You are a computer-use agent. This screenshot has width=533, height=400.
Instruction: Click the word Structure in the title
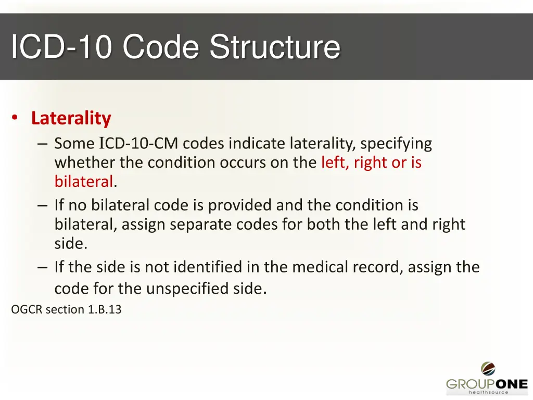[274, 47]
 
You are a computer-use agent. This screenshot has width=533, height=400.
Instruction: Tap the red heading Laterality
[71, 118]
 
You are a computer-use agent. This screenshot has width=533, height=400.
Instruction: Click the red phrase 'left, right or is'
[371, 162]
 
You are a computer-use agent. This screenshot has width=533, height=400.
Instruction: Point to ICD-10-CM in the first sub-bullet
[139, 143]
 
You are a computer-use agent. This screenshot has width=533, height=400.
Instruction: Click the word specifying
[396, 143]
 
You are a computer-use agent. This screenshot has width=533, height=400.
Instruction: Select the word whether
[85, 162]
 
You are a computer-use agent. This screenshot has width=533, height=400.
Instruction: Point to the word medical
[320, 267]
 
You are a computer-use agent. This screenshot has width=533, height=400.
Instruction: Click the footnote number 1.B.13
[104, 309]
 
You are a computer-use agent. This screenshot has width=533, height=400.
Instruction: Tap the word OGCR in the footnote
[27, 309]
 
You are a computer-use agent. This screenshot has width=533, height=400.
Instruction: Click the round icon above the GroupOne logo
[488, 369]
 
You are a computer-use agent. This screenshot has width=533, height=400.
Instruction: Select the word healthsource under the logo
[488, 393]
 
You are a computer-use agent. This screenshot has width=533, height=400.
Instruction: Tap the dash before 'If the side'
[43, 267]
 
